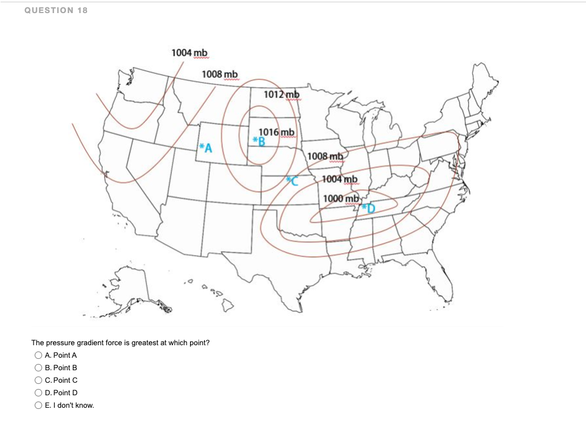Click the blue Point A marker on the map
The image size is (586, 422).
(x=205, y=149)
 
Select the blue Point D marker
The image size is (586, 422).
(x=369, y=208)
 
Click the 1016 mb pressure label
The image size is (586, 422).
(x=276, y=132)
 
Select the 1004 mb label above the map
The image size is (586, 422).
(x=189, y=52)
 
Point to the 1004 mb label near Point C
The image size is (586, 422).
(x=339, y=180)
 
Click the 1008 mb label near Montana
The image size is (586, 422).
(x=220, y=75)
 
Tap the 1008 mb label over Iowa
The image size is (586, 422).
(x=324, y=156)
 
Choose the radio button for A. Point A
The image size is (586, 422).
(x=38, y=355)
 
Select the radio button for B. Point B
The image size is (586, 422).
(x=38, y=368)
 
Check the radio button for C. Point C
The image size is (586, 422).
(x=38, y=380)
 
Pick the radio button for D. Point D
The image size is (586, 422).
(x=38, y=393)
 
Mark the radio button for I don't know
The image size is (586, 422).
(x=38, y=406)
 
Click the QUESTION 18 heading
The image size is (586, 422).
(x=56, y=10)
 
